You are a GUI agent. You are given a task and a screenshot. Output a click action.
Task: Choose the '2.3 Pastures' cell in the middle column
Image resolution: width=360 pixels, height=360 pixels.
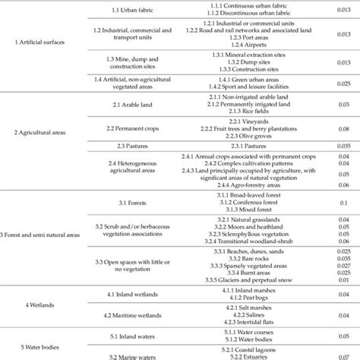pyautogui.click(x=125, y=143)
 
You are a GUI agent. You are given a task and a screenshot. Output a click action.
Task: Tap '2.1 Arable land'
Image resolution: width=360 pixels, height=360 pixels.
pyautogui.click(x=126, y=103)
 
